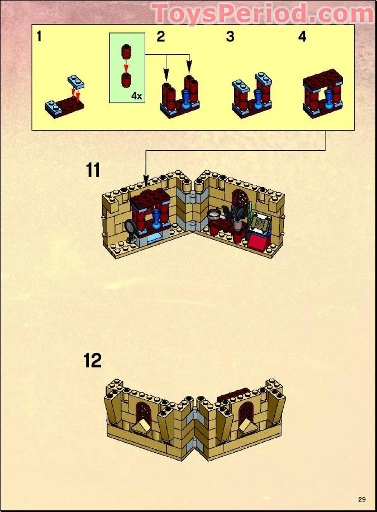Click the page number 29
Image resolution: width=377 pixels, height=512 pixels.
click(x=362, y=499)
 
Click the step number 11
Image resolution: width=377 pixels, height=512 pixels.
click(x=93, y=170)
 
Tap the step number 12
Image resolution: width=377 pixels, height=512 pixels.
click(x=93, y=361)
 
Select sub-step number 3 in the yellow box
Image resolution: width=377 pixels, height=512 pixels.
click(x=230, y=37)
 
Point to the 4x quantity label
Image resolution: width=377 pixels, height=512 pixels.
click(x=136, y=95)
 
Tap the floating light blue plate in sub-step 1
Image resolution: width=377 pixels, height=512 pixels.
click(x=76, y=82)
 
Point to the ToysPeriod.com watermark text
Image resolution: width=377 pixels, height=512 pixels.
click(x=263, y=13)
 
